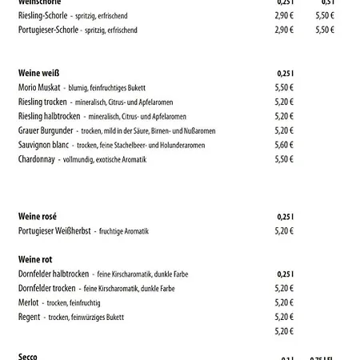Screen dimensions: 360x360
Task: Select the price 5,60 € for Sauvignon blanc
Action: point(285,145)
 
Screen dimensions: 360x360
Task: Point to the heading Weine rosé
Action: point(37,217)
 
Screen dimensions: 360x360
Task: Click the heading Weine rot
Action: point(35,260)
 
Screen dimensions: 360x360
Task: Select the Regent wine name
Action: point(30,317)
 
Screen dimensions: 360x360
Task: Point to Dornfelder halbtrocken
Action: point(53,274)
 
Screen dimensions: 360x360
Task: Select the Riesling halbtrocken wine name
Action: point(52,116)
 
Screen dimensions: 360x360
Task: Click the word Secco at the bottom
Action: point(28,356)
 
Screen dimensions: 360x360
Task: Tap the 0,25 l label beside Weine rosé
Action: point(286,217)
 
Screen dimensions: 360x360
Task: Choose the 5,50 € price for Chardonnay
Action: point(285,159)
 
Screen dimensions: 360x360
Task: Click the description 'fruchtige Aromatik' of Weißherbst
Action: point(124,231)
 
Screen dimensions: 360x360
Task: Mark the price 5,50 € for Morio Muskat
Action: point(285,87)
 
